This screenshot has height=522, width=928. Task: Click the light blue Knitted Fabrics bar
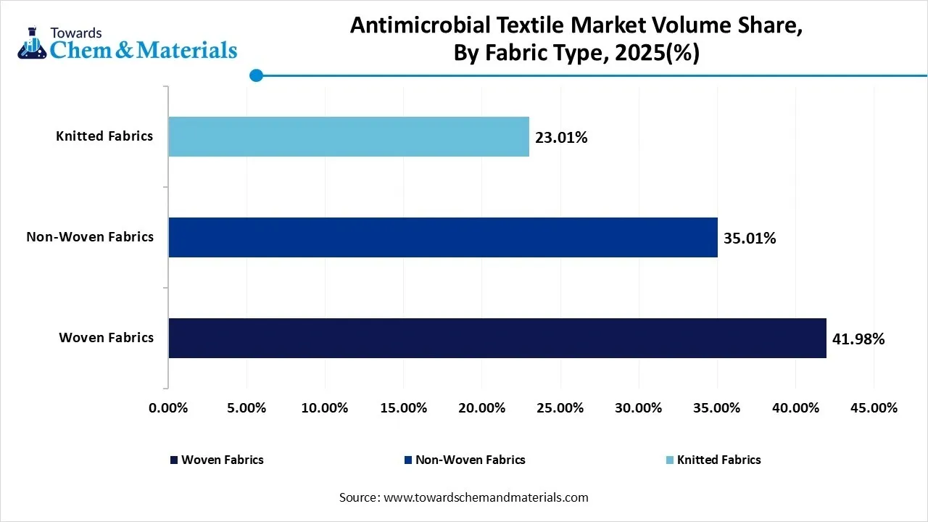(349, 136)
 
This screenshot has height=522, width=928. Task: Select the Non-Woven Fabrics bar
(443, 237)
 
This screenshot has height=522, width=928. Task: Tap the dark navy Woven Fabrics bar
(497, 338)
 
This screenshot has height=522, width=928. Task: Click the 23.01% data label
(561, 137)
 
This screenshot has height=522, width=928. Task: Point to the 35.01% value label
(750, 238)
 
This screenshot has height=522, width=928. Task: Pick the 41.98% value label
(858, 339)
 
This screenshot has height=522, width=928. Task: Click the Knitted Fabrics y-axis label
(104, 136)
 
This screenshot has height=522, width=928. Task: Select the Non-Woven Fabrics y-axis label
(90, 236)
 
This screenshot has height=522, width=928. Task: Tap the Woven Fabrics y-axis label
(106, 337)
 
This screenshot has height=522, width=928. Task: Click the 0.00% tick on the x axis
(168, 408)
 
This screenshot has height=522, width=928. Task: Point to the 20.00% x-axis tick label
(481, 408)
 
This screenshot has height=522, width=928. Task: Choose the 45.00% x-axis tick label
(874, 408)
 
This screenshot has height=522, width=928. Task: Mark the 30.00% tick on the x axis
(639, 408)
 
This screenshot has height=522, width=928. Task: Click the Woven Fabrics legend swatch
(173, 460)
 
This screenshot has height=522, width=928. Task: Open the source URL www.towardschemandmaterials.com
(485, 497)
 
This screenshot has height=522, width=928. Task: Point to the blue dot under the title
(256, 75)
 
